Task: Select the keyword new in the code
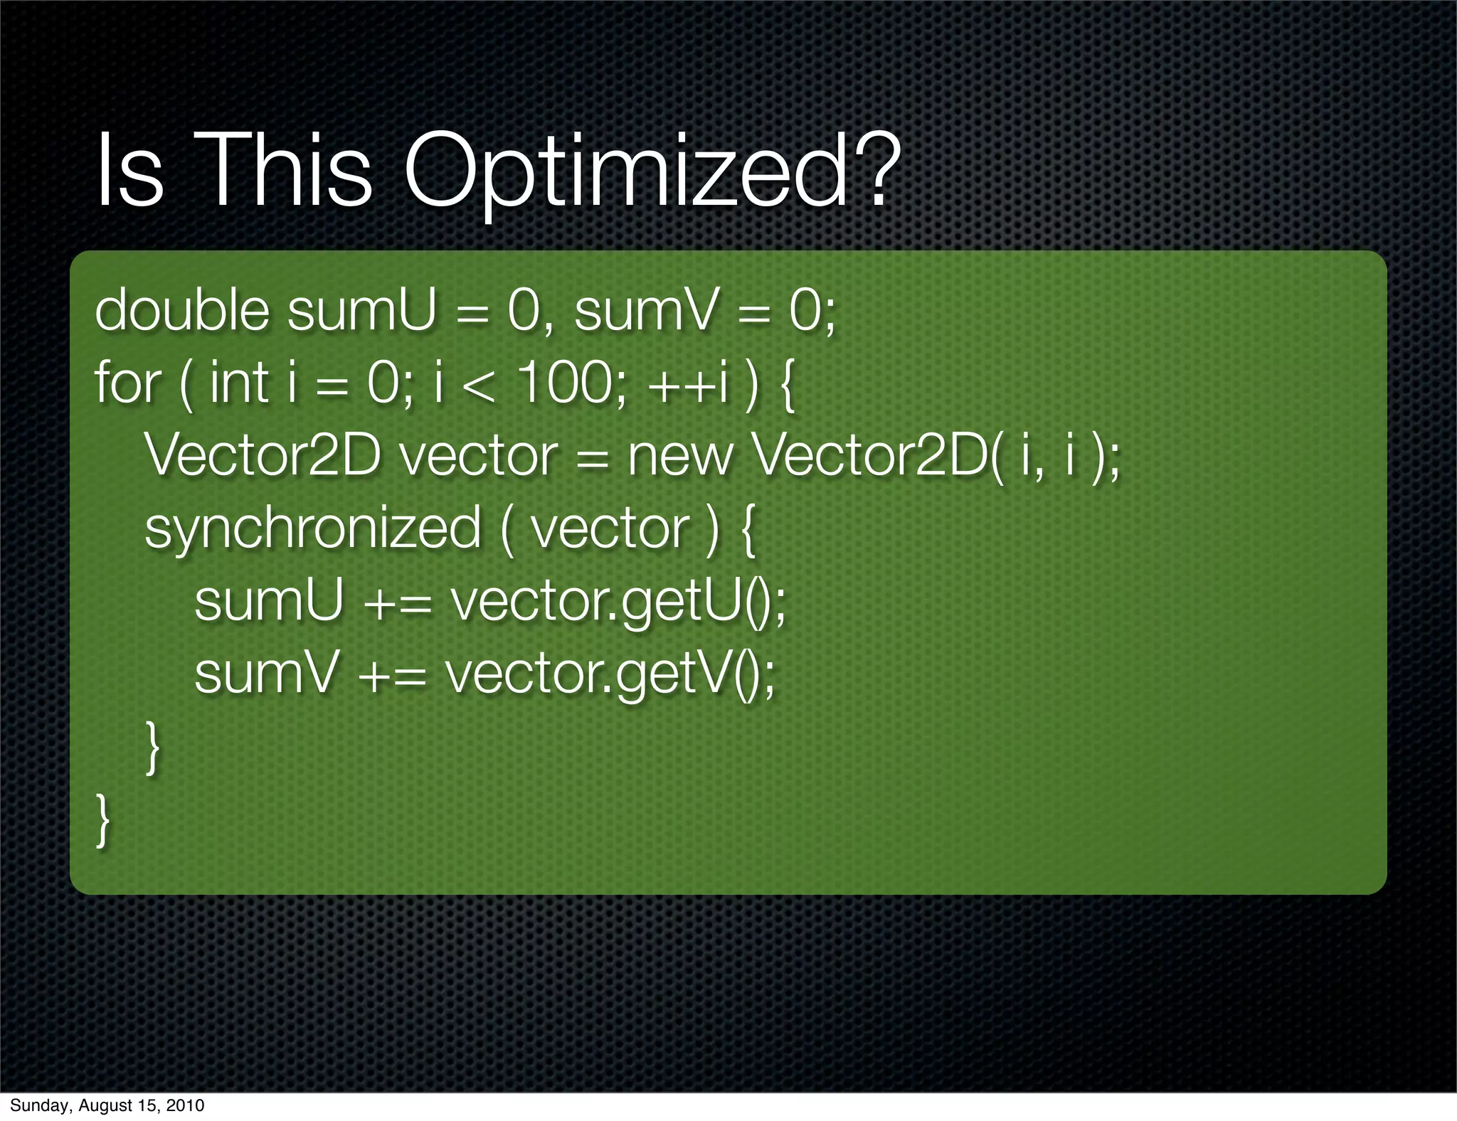(x=679, y=456)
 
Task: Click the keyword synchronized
(x=313, y=529)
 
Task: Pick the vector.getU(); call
(x=618, y=602)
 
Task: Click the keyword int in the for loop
(x=238, y=383)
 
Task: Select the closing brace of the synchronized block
(x=152, y=747)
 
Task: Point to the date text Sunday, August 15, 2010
(x=107, y=1105)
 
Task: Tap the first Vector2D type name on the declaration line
(x=263, y=456)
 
